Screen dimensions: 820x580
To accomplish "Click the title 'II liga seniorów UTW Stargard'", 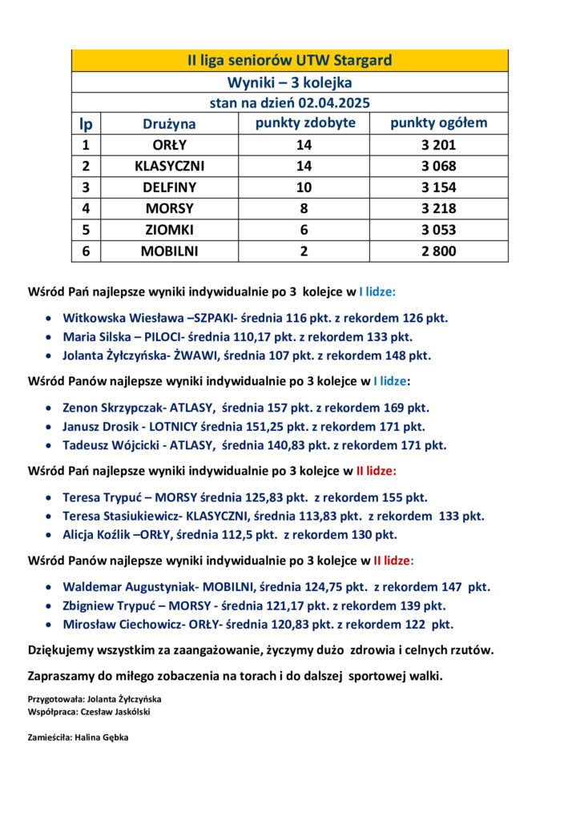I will point(289,61).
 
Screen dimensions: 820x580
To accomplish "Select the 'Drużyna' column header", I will point(169,124).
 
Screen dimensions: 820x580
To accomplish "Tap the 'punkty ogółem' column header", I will point(438,123).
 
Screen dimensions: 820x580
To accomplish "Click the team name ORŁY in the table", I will point(169,146).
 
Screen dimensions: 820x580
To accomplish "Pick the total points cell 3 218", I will point(438,208).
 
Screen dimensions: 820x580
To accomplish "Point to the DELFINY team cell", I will point(169,187).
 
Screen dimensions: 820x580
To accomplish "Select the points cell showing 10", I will point(304,187).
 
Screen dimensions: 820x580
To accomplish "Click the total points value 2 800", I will point(438,251).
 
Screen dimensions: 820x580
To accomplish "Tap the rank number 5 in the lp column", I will point(86,230).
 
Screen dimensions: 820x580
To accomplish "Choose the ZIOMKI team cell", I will point(169,230).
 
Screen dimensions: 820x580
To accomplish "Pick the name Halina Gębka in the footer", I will point(100,738).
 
